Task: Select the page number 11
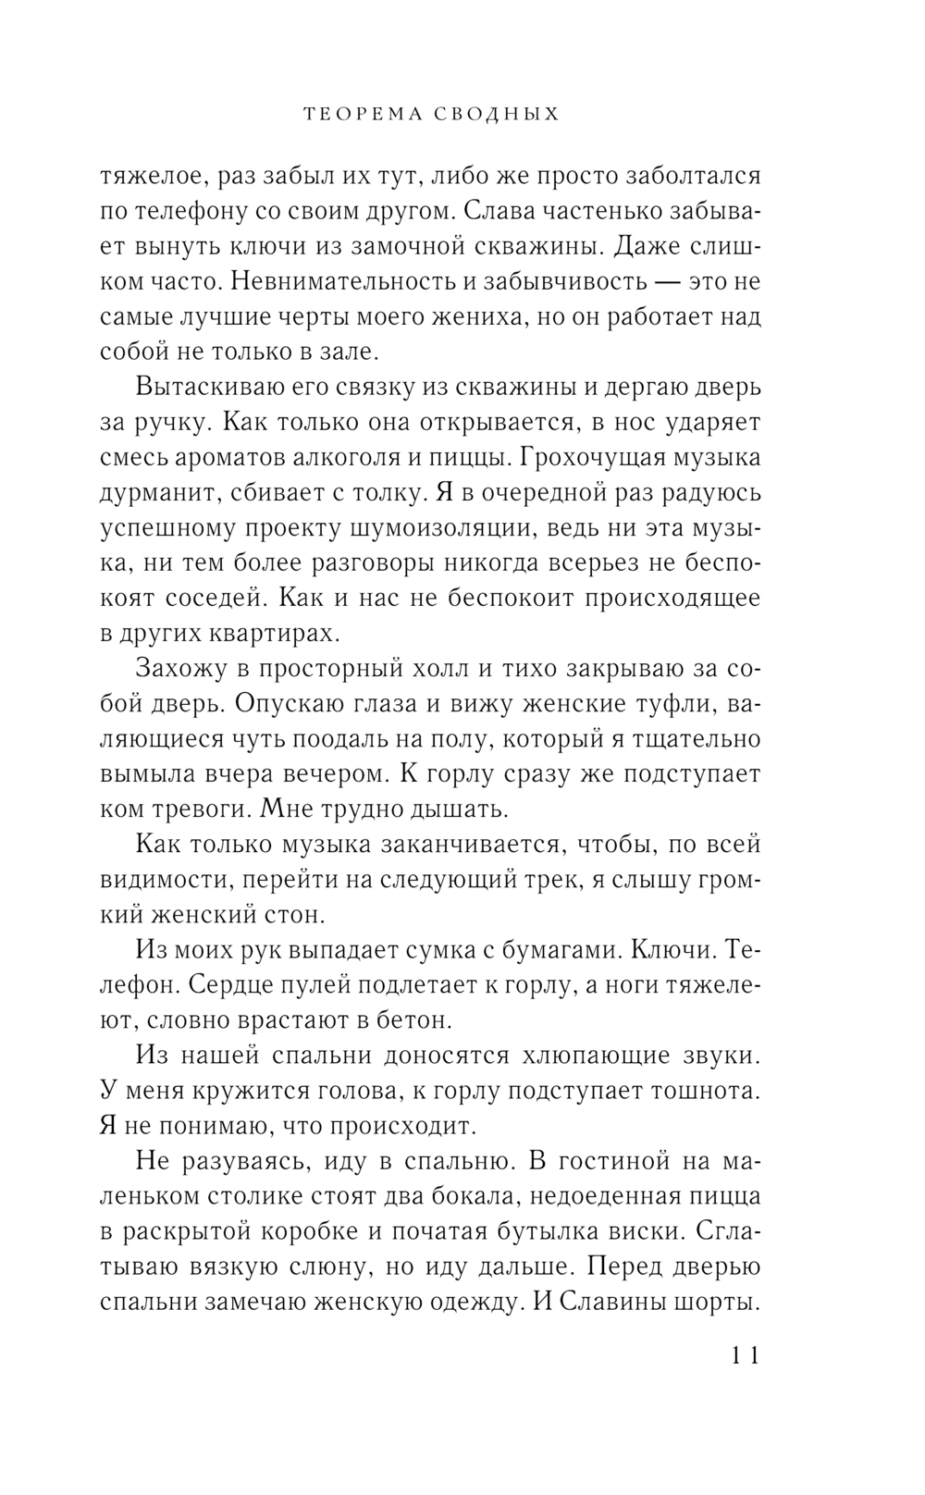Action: (x=745, y=1357)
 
